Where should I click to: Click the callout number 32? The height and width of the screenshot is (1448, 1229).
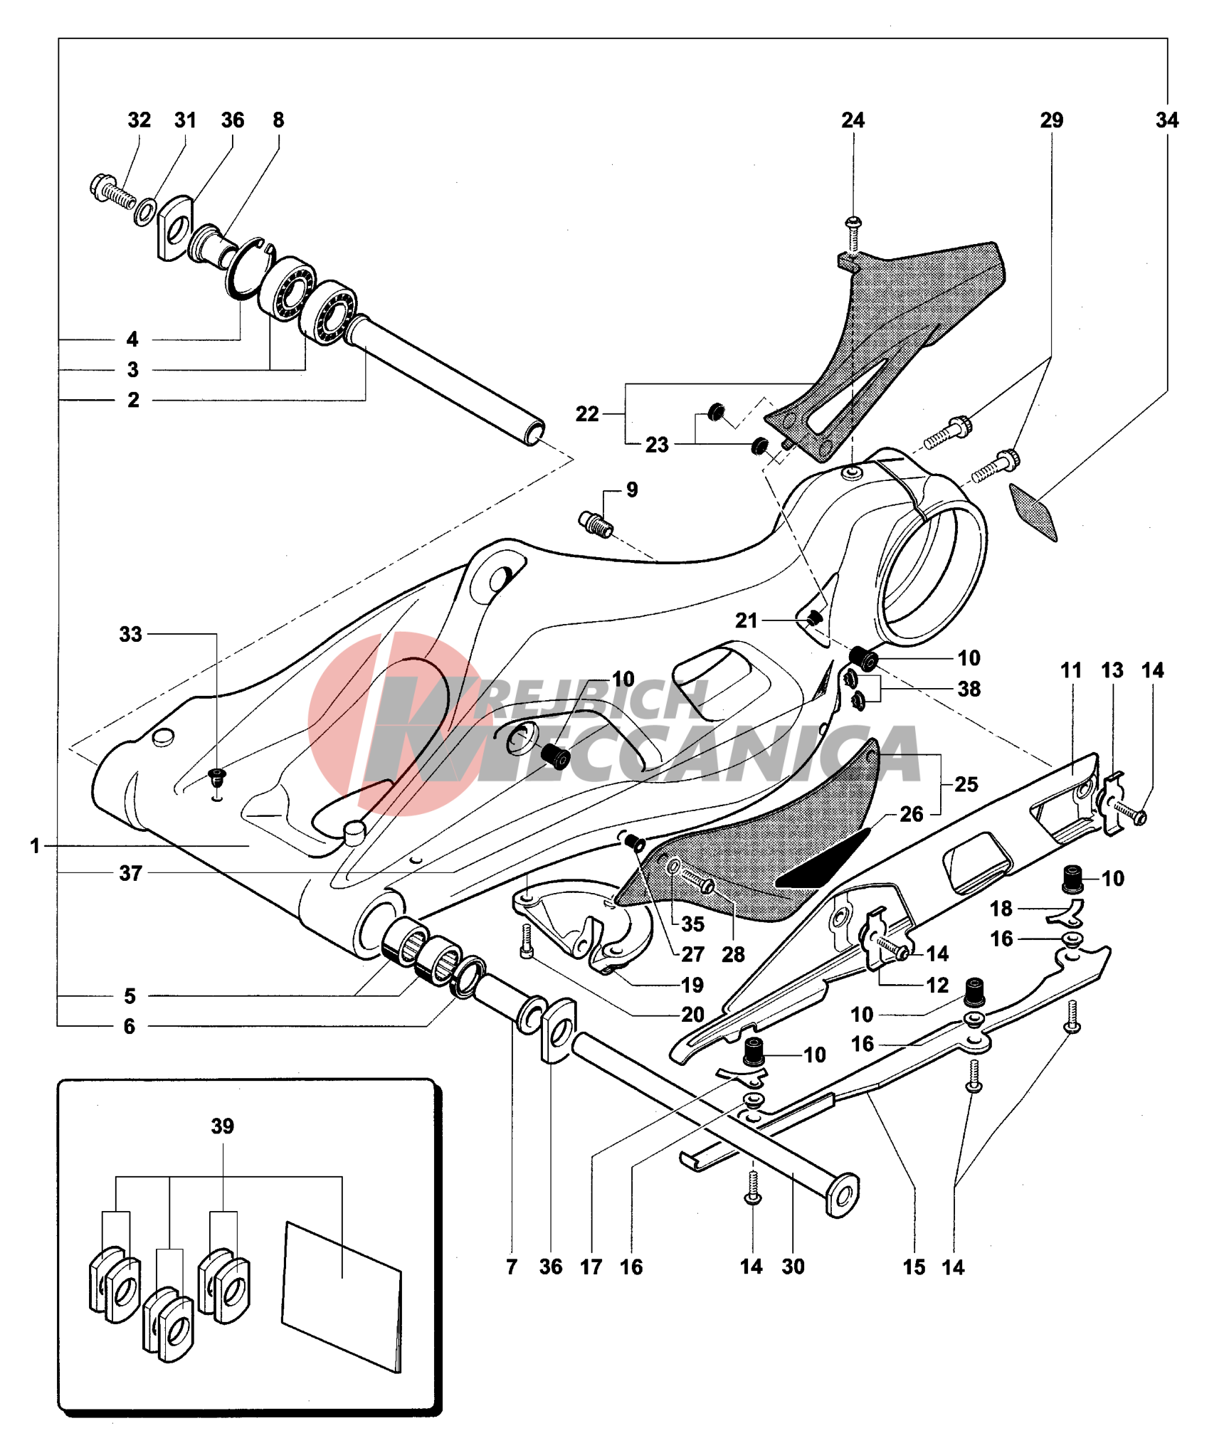pyautogui.click(x=139, y=120)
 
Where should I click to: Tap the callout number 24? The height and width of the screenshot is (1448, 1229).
pyautogui.click(x=853, y=120)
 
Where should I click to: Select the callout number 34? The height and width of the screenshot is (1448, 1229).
pyautogui.click(x=1166, y=120)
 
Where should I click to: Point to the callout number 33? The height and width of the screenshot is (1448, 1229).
pyautogui.click(x=130, y=634)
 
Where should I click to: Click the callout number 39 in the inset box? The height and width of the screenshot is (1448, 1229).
pyautogui.click(x=222, y=1126)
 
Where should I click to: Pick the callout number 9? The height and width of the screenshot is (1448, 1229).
pyautogui.click(x=632, y=490)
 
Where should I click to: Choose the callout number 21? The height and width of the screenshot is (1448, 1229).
pyautogui.click(x=746, y=620)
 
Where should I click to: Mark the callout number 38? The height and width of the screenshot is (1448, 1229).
pyautogui.click(x=969, y=689)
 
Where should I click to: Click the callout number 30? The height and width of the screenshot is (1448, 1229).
pyautogui.click(x=793, y=1267)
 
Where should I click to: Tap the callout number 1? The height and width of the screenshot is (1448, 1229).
pyautogui.click(x=35, y=846)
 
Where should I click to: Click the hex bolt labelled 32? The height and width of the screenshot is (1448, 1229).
pyautogui.click(x=110, y=191)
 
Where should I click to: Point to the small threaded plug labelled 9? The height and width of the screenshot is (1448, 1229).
pyautogui.click(x=596, y=524)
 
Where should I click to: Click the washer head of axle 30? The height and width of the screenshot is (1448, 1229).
pyautogui.click(x=843, y=1195)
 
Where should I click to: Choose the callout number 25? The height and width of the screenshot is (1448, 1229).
pyautogui.click(x=966, y=784)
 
